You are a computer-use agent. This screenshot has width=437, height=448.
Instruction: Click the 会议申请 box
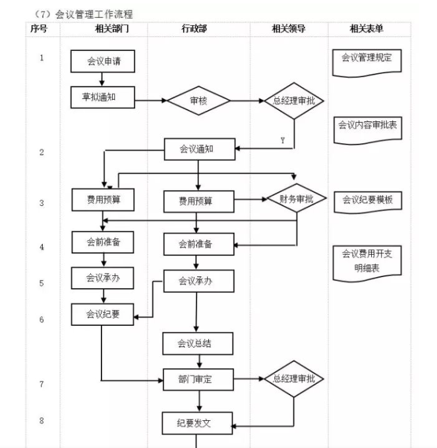102,61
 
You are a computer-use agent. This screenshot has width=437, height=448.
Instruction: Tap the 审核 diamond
198,101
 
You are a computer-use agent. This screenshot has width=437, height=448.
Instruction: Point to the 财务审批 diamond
296,198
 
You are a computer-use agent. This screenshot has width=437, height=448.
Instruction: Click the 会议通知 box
197,149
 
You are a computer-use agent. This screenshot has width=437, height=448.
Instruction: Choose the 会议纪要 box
102,314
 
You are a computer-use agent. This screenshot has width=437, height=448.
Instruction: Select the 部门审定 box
198,379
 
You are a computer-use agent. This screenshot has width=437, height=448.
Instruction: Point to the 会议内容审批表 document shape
366,125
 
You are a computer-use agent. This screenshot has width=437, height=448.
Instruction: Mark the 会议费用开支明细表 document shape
366,262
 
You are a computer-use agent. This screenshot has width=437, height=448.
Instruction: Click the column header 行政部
198,29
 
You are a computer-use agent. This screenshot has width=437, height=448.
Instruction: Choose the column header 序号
39,29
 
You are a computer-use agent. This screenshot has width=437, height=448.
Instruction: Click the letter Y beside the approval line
283,141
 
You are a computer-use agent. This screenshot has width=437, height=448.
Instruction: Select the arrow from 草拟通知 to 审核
150,101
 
